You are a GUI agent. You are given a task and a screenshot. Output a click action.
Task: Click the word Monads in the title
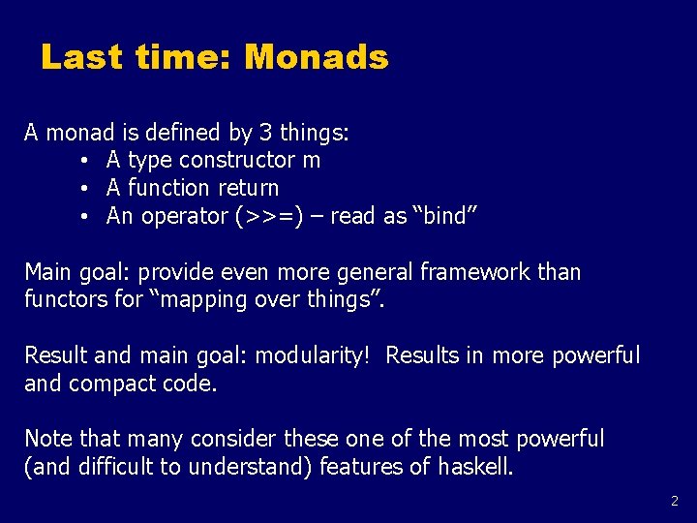317,57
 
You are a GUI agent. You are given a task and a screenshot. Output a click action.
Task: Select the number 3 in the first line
265,133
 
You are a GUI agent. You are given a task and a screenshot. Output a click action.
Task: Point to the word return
248,188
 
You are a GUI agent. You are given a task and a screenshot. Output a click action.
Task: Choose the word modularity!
313,355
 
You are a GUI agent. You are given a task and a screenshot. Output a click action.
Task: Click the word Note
47,439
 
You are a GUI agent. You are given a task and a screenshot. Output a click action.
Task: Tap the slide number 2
675,502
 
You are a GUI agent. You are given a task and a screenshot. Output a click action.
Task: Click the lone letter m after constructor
311,161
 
